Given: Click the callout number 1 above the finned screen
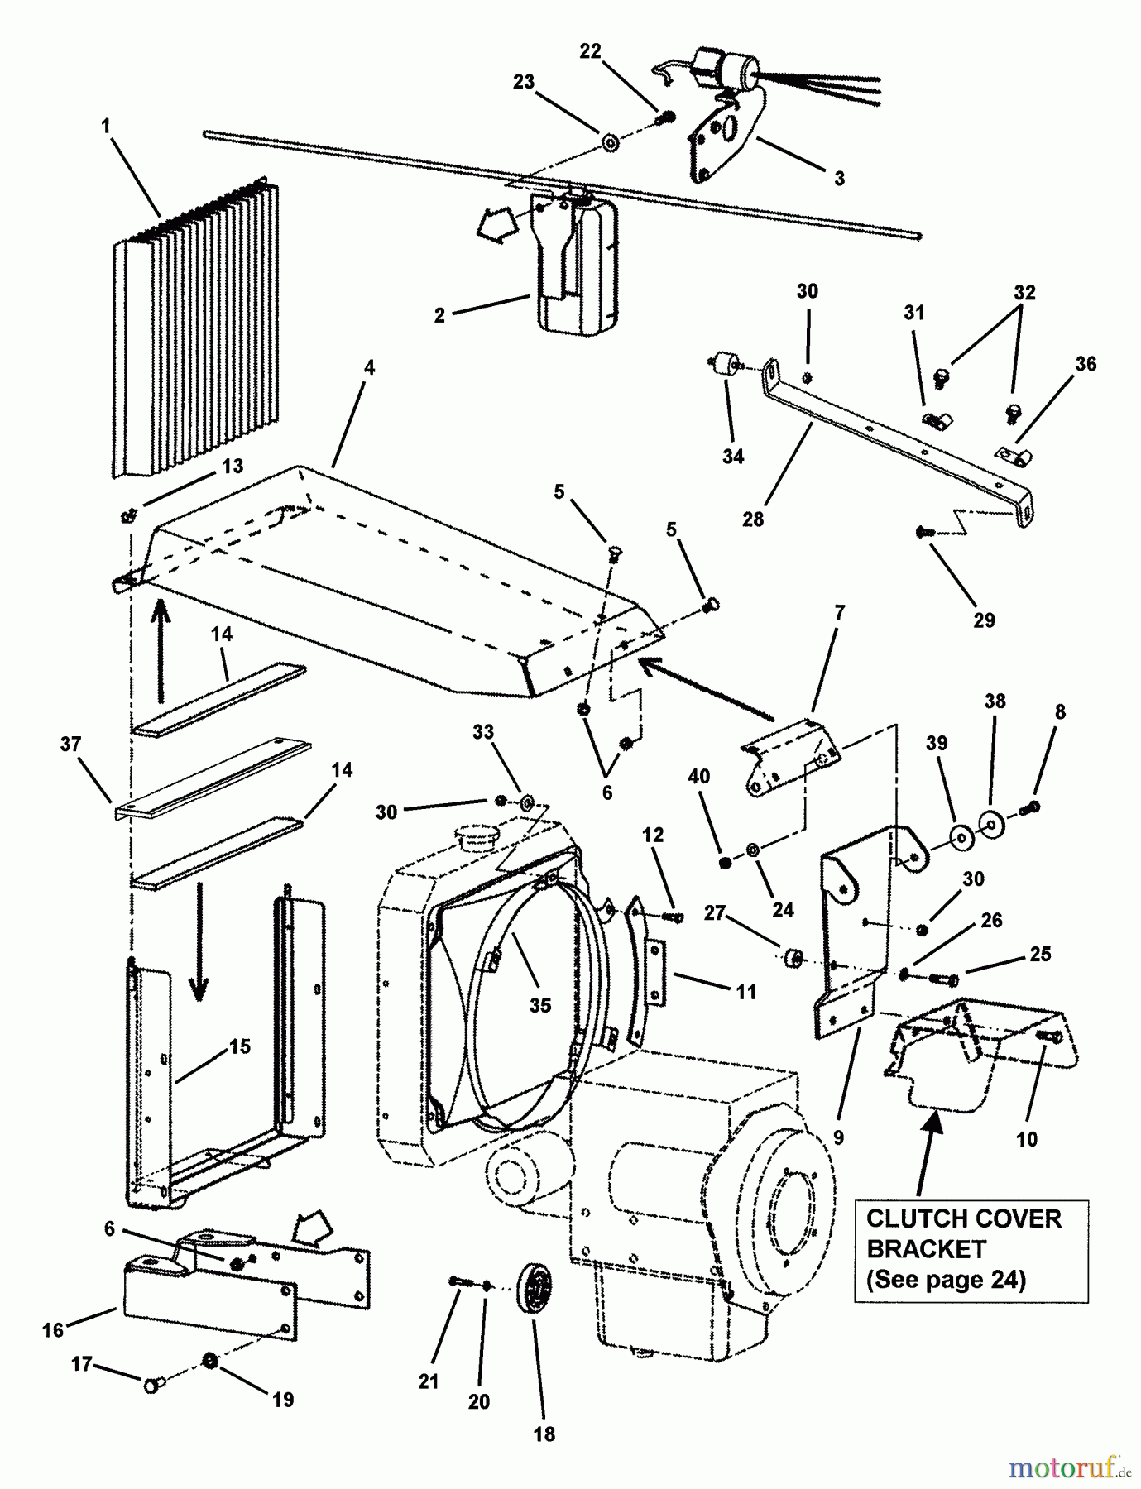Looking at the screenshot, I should tap(106, 126).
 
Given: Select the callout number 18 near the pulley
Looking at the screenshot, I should tap(544, 1434).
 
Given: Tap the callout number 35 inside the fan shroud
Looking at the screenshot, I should tap(540, 1004).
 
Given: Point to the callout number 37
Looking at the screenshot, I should tap(71, 744).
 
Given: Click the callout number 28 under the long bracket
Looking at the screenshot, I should tap(752, 519).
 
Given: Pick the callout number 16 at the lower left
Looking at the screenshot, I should tap(53, 1329).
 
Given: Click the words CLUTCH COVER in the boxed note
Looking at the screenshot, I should tap(963, 1218).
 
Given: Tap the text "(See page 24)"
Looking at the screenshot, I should tap(946, 1280).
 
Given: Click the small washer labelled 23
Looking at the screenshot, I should tap(610, 143).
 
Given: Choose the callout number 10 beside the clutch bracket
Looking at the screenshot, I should tap(1026, 1139).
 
